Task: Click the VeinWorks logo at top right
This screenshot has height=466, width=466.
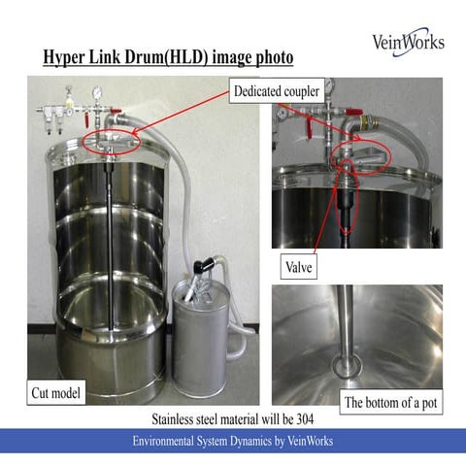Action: tap(409, 41)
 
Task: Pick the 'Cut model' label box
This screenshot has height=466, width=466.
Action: tap(55, 392)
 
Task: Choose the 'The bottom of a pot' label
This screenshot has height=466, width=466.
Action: tap(391, 403)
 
